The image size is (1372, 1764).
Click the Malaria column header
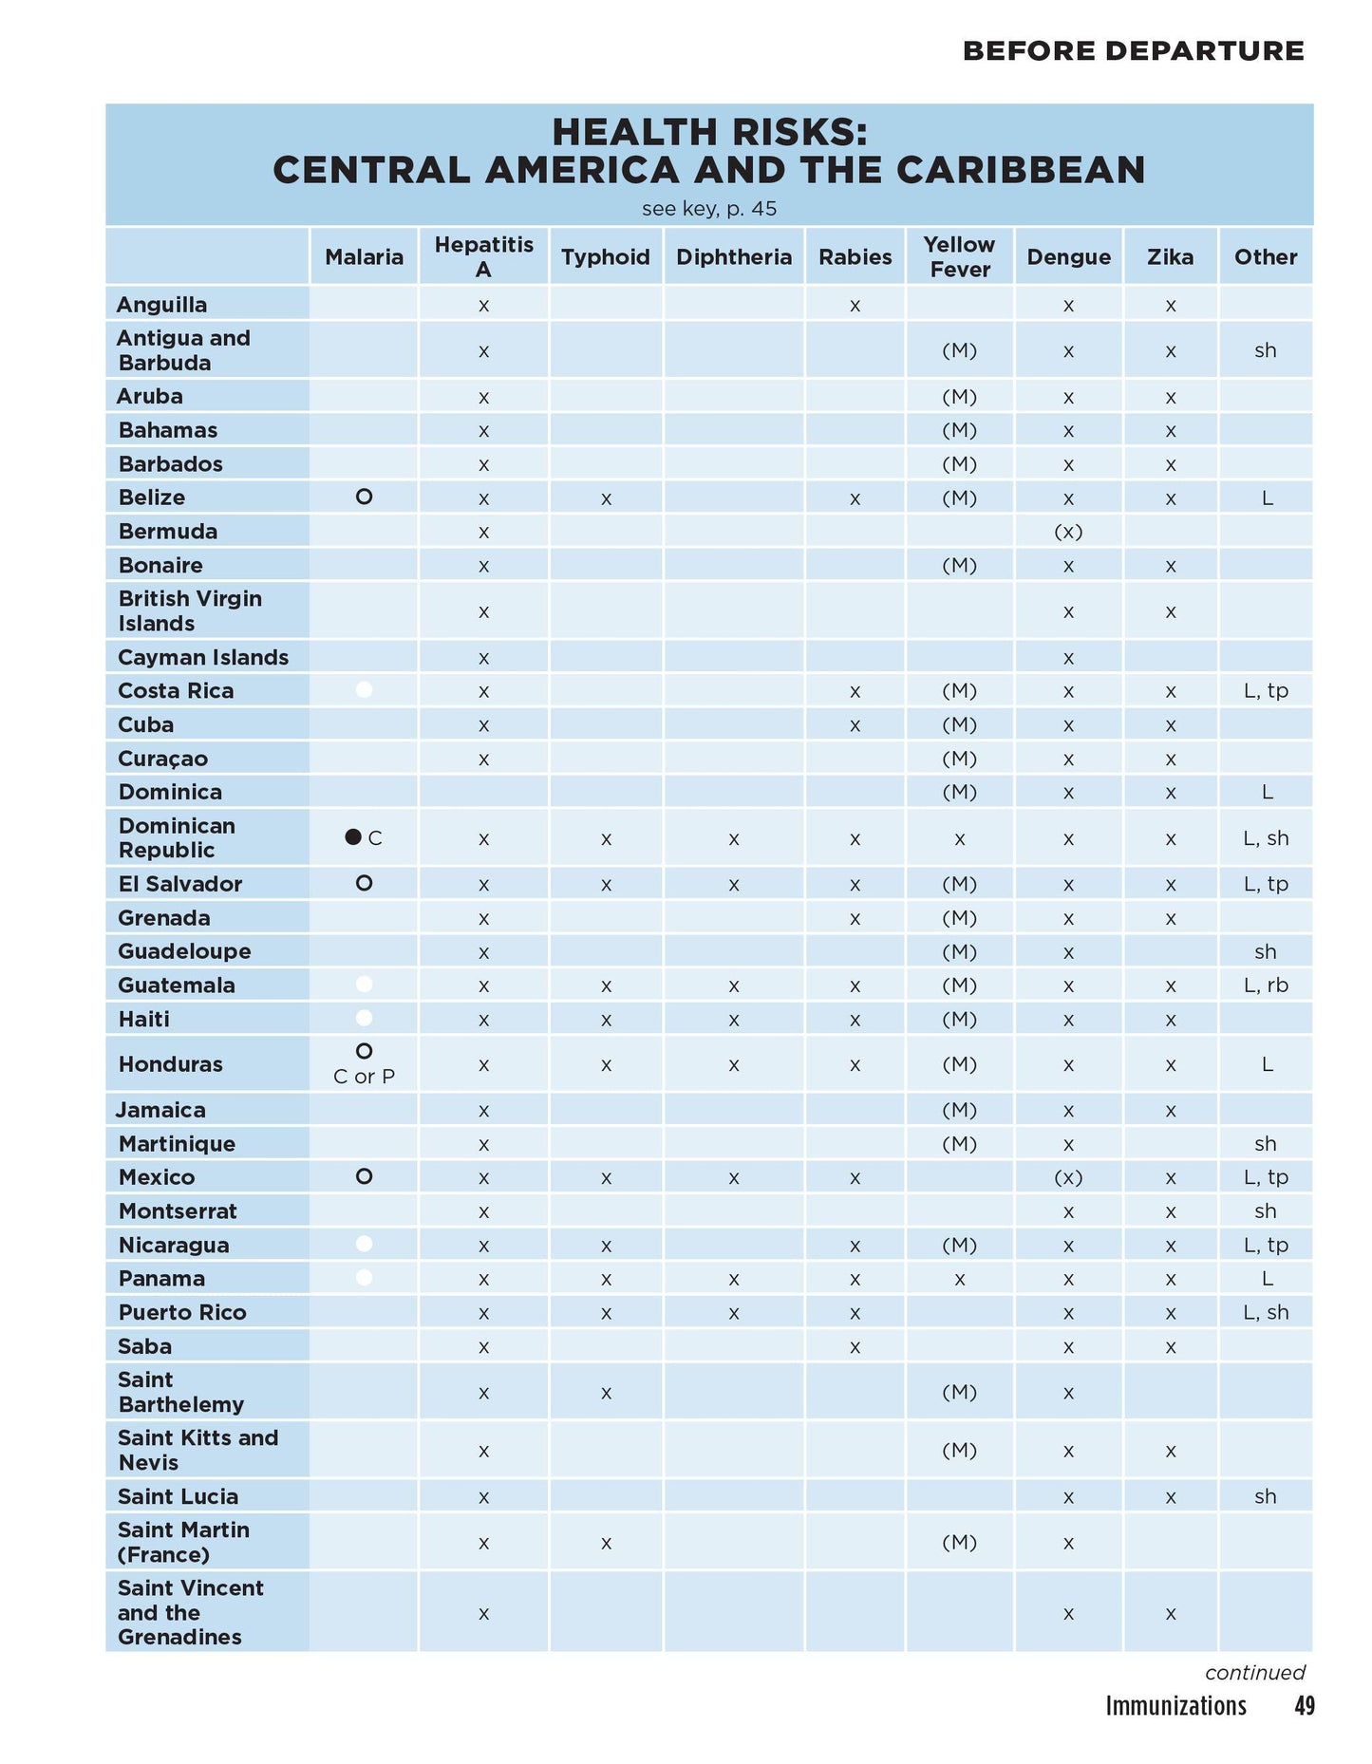pos(364,257)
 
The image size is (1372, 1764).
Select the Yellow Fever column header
pos(959,257)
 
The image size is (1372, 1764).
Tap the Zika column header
pos(1170,257)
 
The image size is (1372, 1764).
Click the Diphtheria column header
pos(733,257)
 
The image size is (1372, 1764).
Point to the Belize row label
pos(152,497)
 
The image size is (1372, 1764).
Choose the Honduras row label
pos(170,1064)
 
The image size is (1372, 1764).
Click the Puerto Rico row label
pos(182,1312)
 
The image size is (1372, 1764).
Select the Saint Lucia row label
pos(178,1496)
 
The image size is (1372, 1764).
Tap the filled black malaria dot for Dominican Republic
pos(353,837)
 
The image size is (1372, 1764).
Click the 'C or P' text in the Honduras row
pos(364,1077)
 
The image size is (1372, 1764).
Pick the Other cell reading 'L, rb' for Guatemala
pos(1266,985)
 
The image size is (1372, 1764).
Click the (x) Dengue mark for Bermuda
pos(1068,532)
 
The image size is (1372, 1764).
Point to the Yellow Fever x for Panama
pos(959,1279)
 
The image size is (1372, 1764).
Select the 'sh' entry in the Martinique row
pos(1265,1144)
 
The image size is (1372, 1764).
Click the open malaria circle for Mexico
pos(364,1177)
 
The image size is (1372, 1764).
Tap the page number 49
pos(1305,1706)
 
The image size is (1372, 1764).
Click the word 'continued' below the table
pos(1255,1673)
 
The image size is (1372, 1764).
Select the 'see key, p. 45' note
pos(709,209)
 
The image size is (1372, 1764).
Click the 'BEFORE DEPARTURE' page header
pos(1133,51)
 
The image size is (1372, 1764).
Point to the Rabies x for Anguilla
pos(855,306)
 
